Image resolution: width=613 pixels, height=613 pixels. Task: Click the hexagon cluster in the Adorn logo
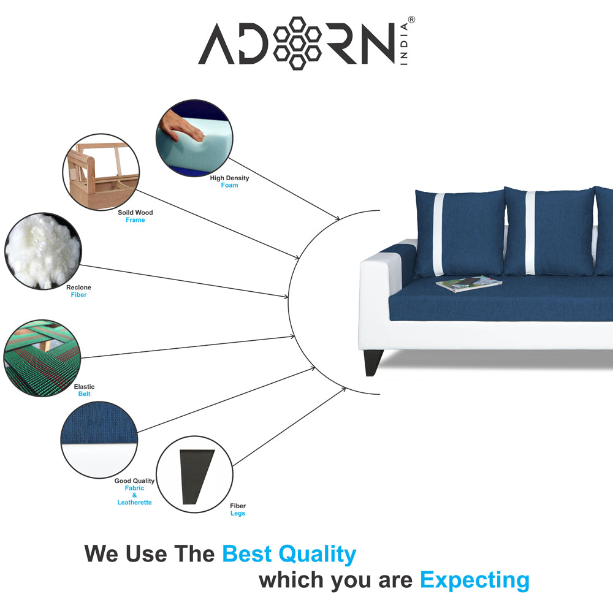click(x=297, y=43)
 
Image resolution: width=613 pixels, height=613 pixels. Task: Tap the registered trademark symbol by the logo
click(x=411, y=20)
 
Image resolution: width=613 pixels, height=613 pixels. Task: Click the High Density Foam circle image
click(x=194, y=139)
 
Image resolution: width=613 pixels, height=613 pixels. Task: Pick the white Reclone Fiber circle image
click(x=42, y=251)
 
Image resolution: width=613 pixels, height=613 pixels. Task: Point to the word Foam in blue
click(x=229, y=185)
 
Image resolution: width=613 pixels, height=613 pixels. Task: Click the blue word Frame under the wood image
click(x=135, y=220)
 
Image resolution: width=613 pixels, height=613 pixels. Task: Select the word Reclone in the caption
click(x=78, y=287)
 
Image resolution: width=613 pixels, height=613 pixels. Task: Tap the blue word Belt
click(x=84, y=394)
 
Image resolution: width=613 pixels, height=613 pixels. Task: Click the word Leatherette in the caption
click(x=134, y=503)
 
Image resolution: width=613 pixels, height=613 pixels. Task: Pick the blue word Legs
click(x=237, y=514)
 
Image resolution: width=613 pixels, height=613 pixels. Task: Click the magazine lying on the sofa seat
click(x=468, y=283)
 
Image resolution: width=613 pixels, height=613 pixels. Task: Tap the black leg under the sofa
click(x=373, y=362)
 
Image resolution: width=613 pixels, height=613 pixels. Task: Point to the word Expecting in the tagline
click(x=474, y=579)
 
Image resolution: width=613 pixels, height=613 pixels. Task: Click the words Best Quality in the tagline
click(x=289, y=554)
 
